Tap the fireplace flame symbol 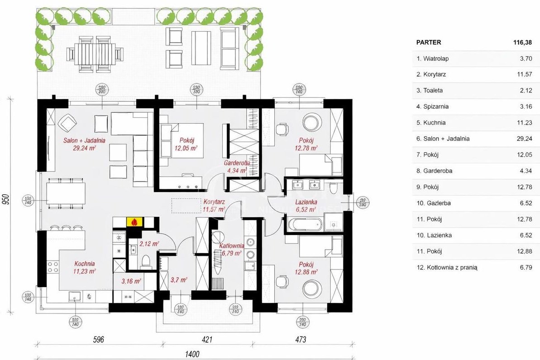click(134, 222)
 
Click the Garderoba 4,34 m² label click(236, 166)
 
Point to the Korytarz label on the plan click(215, 205)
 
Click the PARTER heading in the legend click(428, 42)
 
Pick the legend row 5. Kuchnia click(430, 122)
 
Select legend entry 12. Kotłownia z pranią click(446, 267)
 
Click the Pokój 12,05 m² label click(186, 144)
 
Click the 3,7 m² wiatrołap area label click(178, 280)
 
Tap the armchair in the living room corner click(67, 122)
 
